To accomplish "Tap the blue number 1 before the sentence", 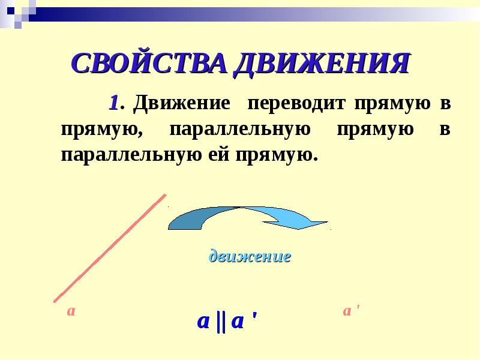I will tap(113, 103).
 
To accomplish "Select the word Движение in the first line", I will tap(182, 103).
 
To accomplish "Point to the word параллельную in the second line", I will tap(240, 130).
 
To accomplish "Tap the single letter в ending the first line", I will tap(445, 104).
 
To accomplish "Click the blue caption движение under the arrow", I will tap(250, 257).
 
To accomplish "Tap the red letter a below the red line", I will tap(71, 311).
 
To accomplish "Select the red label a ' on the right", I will tap(350, 311).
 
